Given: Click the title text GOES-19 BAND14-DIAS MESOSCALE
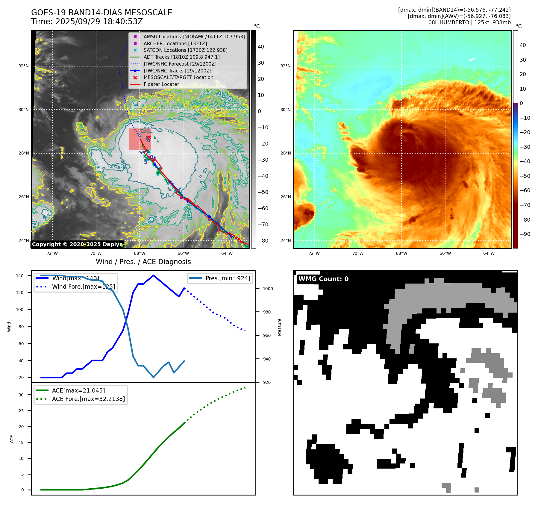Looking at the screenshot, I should tap(101, 13).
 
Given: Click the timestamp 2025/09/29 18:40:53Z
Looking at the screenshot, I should tap(99, 22).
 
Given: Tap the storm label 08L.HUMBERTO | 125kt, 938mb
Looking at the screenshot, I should tap(469, 22).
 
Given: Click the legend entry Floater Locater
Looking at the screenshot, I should tap(161, 84).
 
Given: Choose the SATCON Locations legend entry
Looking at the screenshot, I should tap(185, 50).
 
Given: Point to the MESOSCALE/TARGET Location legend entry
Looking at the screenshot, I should tap(178, 78).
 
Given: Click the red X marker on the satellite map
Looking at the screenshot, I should tap(149, 137).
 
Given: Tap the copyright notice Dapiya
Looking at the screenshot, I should tap(77, 244).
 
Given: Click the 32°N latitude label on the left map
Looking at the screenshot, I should tap(24, 66).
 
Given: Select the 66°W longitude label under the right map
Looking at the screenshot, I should tap(445, 253).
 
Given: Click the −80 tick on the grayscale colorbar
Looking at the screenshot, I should tap(263, 241).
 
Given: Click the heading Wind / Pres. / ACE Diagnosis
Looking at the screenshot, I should tap(143, 262).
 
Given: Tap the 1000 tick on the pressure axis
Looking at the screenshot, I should tap(268, 289).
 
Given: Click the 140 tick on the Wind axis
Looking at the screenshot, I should tap(20, 276).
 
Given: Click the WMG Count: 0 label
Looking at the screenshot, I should tap(323, 279).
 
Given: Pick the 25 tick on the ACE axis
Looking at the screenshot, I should tap(21, 411).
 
